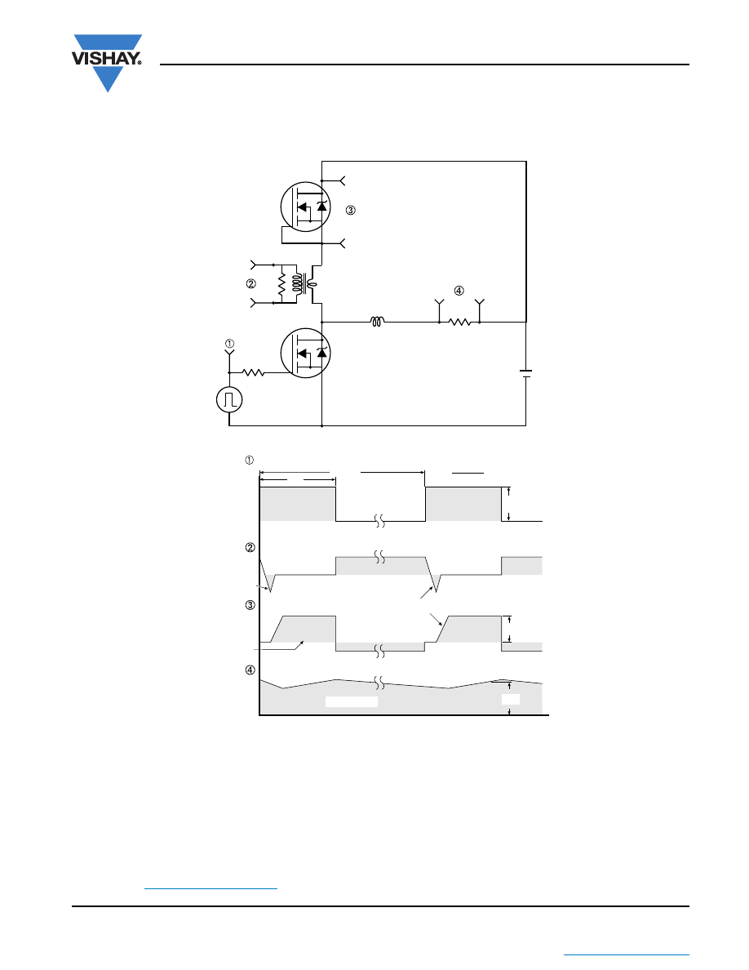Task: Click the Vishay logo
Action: (x=108, y=63)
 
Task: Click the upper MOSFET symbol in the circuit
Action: (x=305, y=207)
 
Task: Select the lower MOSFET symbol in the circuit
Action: (x=305, y=353)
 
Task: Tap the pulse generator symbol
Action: (x=229, y=399)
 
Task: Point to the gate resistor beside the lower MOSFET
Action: (x=254, y=372)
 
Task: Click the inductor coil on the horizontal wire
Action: (x=377, y=321)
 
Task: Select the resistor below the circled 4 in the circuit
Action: (x=459, y=322)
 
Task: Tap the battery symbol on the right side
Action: (x=526, y=373)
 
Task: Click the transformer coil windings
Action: (x=304, y=284)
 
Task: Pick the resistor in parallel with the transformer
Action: (x=281, y=284)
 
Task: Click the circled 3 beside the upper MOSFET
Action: (x=350, y=211)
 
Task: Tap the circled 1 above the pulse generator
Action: (x=229, y=343)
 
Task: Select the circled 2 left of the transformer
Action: (x=251, y=284)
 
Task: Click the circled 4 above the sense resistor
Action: (x=459, y=290)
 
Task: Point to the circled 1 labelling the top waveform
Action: (x=250, y=460)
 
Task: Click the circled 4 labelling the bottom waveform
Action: (x=250, y=670)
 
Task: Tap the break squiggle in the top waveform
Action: (x=380, y=521)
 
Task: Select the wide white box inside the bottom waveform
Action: (x=352, y=701)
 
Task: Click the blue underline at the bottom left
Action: (x=211, y=888)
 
